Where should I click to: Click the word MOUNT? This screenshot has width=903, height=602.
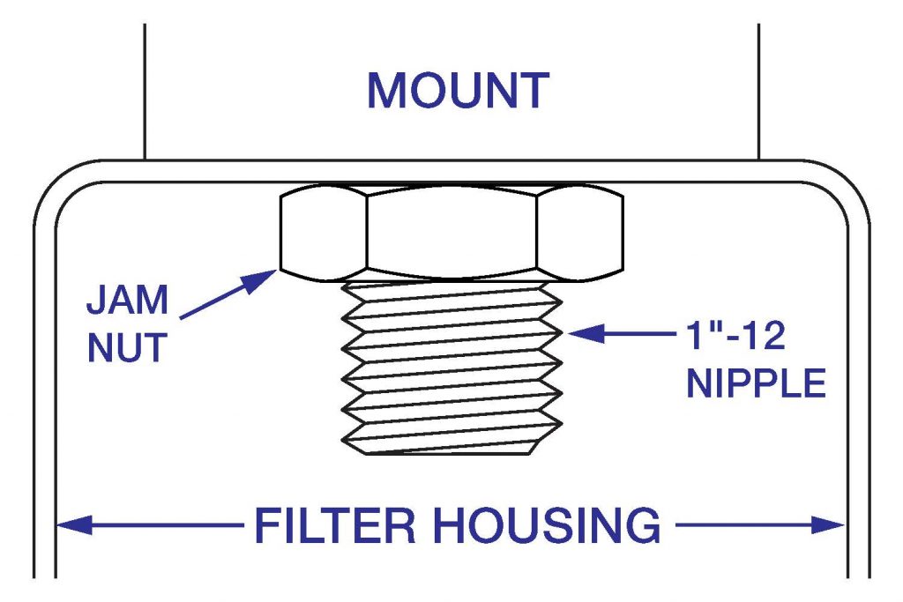(458, 91)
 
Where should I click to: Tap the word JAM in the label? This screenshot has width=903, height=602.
(127, 301)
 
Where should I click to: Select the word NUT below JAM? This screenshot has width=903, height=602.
(126, 347)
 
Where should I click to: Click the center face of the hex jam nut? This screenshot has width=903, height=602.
(451, 232)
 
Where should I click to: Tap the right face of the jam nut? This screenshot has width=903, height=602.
(578, 232)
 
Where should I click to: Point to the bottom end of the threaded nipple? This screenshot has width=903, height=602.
(451, 450)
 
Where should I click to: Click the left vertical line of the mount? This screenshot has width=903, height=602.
(145, 88)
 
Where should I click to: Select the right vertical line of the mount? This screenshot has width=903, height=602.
(758, 88)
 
